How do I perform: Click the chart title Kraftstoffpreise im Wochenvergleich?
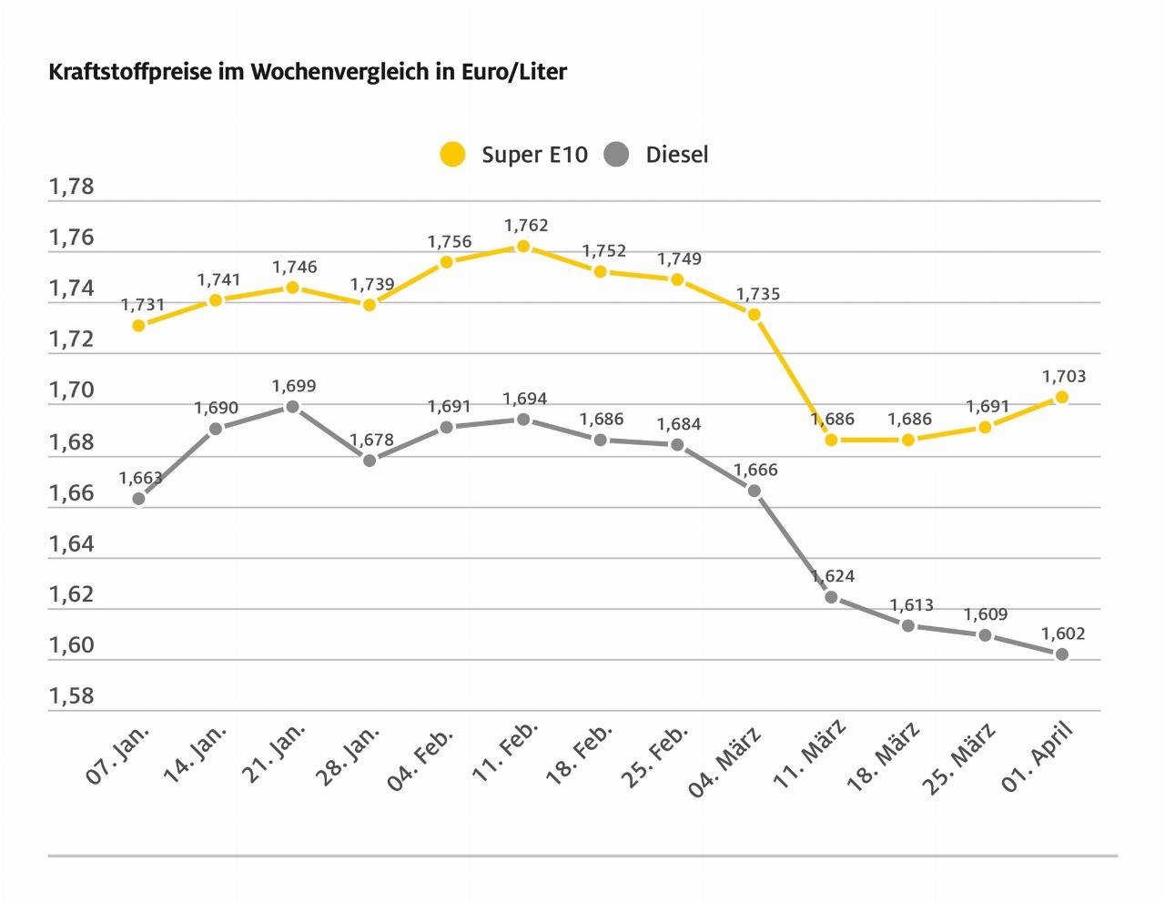[x=308, y=72]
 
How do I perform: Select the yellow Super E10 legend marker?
[x=452, y=155]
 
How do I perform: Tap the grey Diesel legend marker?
[x=616, y=155]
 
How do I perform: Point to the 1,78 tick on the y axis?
[x=72, y=187]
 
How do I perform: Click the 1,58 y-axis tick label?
[x=72, y=696]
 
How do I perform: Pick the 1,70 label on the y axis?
[x=72, y=390]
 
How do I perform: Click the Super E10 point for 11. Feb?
[x=523, y=247]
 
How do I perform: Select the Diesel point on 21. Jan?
[x=292, y=407]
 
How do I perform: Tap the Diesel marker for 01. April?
[x=1061, y=654]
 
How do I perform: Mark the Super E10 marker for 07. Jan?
[x=138, y=325]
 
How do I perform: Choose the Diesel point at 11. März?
[x=831, y=597]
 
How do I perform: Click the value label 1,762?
[x=526, y=226]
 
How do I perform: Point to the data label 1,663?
[x=141, y=478]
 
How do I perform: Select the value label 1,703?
[x=1064, y=376]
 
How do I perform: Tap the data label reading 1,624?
[x=833, y=576]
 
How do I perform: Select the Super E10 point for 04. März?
[x=754, y=314]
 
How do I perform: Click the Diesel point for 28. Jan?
[x=370, y=461]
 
